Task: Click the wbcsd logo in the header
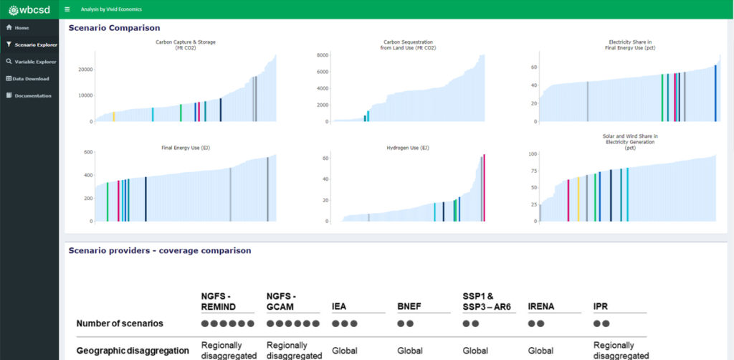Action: [29, 9]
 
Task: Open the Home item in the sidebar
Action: [21, 27]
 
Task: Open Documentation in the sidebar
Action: [32, 95]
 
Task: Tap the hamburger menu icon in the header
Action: [67, 9]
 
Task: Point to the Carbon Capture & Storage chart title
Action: [185, 42]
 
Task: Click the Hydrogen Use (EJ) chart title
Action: [407, 148]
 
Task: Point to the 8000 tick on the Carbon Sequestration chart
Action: [322, 55]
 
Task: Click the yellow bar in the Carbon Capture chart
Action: [113, 116]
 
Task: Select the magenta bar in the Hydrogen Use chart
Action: [484, 188]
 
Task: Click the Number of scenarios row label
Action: [120, 323]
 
